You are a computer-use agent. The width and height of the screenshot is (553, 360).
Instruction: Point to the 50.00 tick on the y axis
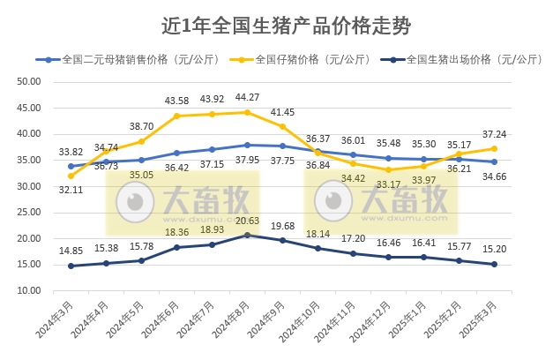pos(29,81)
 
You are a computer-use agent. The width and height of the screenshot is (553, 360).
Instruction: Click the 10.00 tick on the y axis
pos(29,291)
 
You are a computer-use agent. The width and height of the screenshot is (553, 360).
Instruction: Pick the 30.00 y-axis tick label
pos(29,186)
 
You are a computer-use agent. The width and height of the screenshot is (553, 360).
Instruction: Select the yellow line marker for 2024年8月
pos(247,112)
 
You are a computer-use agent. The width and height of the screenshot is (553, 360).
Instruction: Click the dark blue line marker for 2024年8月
pos(247,236)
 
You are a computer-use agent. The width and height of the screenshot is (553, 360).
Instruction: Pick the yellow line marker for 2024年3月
pos(71,176)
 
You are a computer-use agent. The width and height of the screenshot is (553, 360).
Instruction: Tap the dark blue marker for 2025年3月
pos(494,264)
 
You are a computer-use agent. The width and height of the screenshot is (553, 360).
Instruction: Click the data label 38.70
pos(141,127)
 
